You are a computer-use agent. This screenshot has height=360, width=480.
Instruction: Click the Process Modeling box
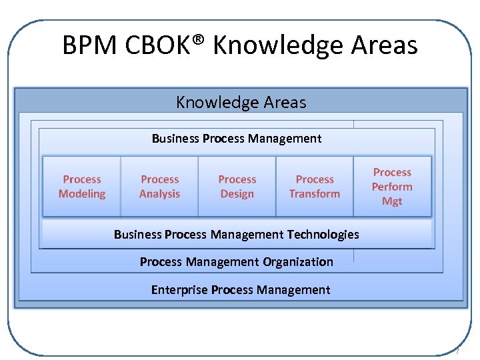(82, 187)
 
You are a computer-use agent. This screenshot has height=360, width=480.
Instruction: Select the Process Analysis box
(160, 187)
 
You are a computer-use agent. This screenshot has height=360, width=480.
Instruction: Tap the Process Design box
(237, 187)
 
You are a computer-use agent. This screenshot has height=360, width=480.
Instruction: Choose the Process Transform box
(315, 187)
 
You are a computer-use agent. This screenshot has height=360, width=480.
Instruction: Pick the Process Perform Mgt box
(392, 187)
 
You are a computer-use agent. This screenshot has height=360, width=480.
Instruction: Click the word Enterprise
(179, 290)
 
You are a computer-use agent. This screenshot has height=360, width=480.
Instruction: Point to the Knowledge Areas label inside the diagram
(241, 102)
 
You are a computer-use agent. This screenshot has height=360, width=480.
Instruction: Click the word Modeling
(82, 194)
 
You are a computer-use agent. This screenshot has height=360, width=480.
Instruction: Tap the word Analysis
(160, 194)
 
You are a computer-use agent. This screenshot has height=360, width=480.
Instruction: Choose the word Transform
(315, 194)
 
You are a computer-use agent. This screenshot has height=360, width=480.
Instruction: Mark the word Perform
(392, 187)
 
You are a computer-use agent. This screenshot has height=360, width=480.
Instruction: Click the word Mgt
(392, 201)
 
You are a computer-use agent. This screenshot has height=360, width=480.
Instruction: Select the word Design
(237, 194)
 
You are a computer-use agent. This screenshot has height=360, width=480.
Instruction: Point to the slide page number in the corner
(458, 351)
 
